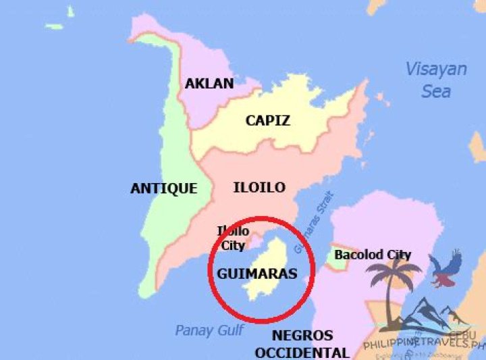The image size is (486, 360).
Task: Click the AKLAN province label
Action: tap(209, 84)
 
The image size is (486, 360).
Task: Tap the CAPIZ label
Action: tap(267, 121)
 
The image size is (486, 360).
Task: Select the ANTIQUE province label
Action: tap(163, 188)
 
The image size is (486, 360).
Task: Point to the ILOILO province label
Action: tap(259, 187)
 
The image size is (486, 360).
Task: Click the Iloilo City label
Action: tap(233, 238)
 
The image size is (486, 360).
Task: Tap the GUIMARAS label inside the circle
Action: tap(257, 274)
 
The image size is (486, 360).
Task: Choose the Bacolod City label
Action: tap(373, 255)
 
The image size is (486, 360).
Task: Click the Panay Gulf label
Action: tap(210, 330)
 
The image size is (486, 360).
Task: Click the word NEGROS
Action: tap(302, 336)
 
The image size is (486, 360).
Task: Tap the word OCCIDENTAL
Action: tap(302, 352)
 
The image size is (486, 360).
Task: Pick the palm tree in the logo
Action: tap(394, 277)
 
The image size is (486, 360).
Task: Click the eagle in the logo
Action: tap(446, 269)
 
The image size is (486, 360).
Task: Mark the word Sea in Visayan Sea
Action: tap(436, 90)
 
